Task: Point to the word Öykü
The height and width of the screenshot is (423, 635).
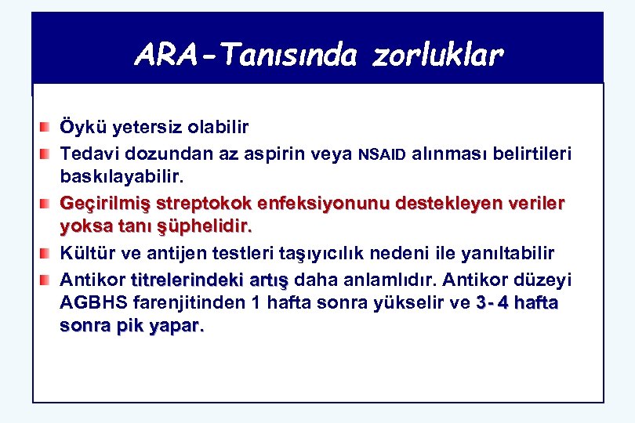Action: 82,127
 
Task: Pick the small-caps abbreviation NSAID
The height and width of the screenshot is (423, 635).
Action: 382,154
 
